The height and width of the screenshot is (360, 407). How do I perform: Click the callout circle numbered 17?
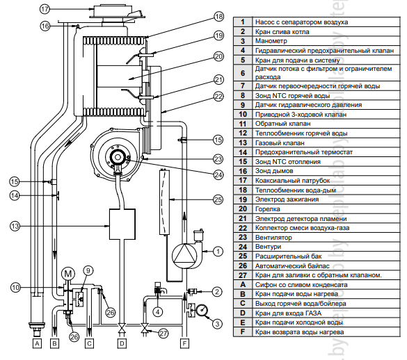45,9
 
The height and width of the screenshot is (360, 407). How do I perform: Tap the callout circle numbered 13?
15,226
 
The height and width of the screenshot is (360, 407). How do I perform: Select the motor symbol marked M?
68,274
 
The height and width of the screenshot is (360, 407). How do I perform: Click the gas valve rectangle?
122,224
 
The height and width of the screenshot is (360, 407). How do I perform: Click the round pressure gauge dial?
202,311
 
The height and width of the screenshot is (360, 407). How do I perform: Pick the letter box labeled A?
37,343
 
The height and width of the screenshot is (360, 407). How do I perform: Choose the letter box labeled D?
122,343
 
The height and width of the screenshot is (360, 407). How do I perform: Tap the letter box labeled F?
184,343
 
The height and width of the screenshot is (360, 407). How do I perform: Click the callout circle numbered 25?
218,199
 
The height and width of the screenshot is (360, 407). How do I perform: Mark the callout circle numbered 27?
163,333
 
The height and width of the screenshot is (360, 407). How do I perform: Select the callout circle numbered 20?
218,56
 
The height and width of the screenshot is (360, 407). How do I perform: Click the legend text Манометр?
271,41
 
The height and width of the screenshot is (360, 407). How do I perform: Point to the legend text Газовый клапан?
280,143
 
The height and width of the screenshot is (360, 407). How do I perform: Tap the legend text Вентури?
268,247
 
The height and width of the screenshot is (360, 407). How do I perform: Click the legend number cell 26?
243,265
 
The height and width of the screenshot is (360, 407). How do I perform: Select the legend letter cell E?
243,322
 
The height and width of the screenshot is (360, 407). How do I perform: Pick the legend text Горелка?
268,209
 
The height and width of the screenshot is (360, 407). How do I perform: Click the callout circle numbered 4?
158,312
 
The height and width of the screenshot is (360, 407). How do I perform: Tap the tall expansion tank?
163,202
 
